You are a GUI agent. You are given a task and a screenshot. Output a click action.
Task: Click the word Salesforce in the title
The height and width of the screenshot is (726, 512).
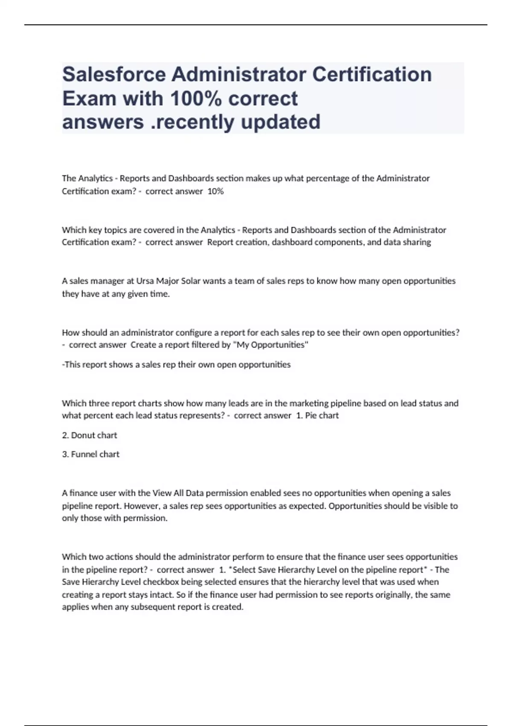click(114, 75)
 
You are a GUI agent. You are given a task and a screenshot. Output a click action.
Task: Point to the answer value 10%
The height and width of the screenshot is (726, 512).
click(215, 191)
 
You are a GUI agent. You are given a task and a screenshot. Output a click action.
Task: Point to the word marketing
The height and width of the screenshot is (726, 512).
click(309, 403)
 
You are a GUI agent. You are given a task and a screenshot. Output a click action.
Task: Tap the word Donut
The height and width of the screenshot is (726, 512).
click(82, 435)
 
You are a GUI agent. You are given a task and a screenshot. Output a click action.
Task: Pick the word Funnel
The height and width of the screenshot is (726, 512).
click(84, 454)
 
